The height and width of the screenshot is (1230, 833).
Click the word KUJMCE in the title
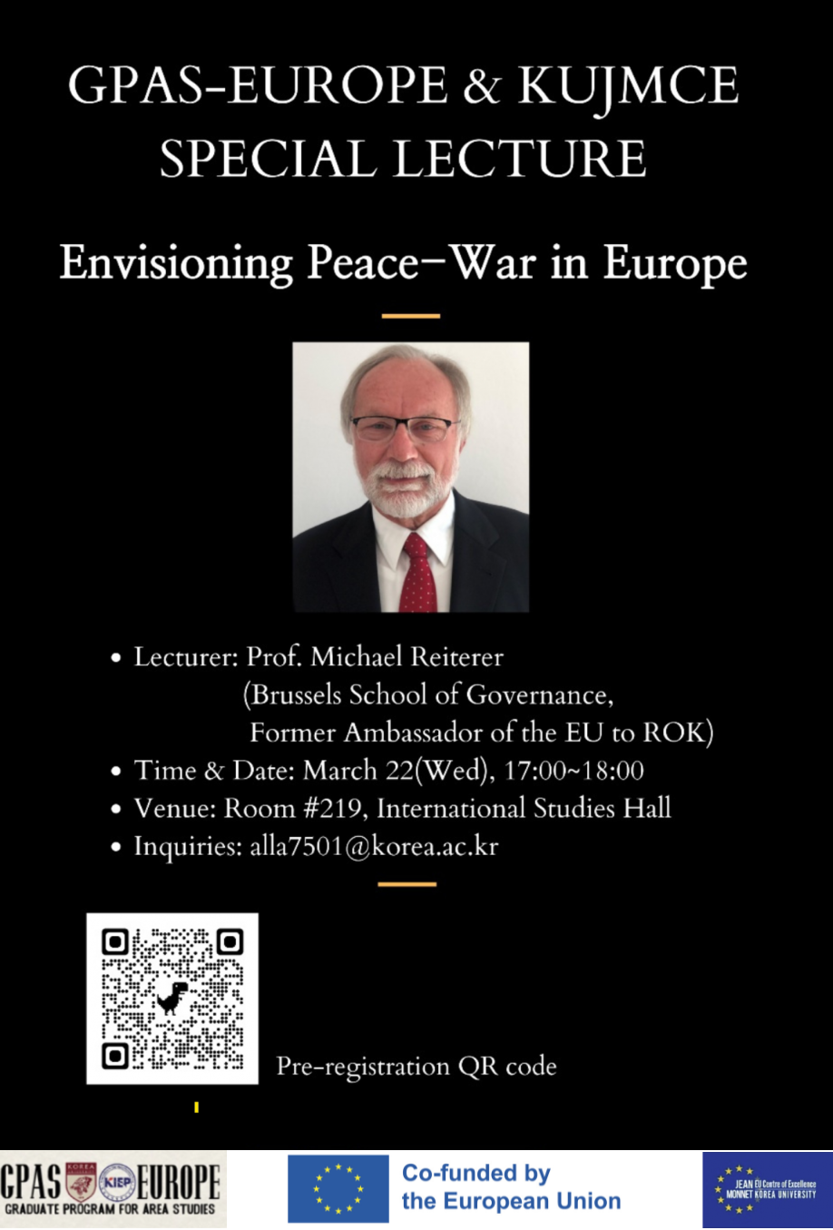(628, 88)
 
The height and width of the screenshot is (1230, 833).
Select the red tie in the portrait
(418, 572)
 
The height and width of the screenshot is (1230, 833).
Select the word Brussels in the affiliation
(296, 695)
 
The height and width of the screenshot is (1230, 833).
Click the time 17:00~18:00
(573, 771)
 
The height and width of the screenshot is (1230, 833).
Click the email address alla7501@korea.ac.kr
(374, 846)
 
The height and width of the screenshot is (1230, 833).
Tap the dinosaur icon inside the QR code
(172, 998)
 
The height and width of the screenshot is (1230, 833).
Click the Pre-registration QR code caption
(416, 1066)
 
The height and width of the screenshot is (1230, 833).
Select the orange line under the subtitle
(410, 316)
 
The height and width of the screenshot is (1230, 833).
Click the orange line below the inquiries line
(407, 883)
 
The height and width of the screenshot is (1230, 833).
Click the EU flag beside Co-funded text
(338, 1189)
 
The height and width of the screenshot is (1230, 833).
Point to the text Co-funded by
(476, 1173)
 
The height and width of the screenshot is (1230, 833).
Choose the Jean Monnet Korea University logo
(767, 1189)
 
